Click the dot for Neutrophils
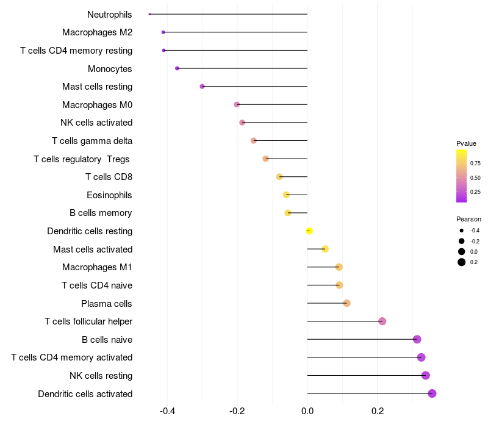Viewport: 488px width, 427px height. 149,14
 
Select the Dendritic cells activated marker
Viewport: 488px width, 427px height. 432,393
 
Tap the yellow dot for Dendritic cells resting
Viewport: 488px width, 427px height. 309,231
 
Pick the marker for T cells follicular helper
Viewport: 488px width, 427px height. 382,321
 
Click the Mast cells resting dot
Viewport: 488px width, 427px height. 202,87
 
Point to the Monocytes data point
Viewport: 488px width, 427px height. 177,68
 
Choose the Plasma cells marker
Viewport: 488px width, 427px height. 346,303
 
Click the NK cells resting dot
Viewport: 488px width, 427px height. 426,375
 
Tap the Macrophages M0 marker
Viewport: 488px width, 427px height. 237,104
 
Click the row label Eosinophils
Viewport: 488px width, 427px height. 109,195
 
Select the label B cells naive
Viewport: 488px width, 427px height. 107,339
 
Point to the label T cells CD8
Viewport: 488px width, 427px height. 109,177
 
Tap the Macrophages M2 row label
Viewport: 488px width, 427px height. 97,32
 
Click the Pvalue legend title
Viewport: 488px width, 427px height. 466,143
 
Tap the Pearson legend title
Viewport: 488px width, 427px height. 468,219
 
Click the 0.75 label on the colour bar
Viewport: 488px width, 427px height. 475,163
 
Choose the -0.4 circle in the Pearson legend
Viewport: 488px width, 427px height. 462,231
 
